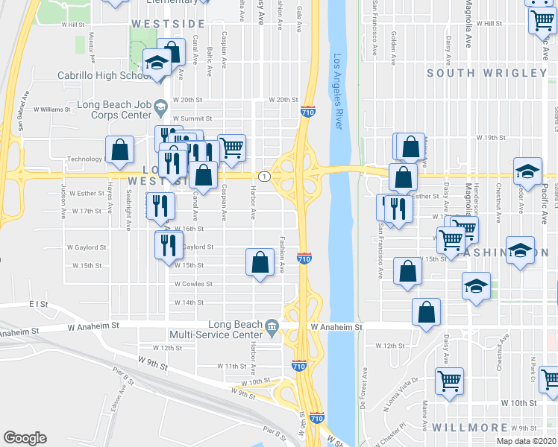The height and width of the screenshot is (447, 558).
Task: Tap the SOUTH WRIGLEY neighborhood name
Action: tap(487, 73)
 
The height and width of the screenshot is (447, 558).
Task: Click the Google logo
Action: tap(25, 438)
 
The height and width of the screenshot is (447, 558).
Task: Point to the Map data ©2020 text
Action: tap(526, 441)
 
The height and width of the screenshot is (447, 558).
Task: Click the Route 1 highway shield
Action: tap(263, 176)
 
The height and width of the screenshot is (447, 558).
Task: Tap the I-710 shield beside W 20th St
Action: tap(307, 112)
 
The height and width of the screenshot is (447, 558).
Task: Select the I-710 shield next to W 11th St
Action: tap(297, 367)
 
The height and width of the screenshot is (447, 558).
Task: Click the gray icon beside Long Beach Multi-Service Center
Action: tap(272, 326)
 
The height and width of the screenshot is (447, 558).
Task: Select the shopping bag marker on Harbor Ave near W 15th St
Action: tap(260, 262)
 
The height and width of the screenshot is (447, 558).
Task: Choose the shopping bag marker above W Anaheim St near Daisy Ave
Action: tap(426, 312)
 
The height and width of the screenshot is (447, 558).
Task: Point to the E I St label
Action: tap(38, 304)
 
